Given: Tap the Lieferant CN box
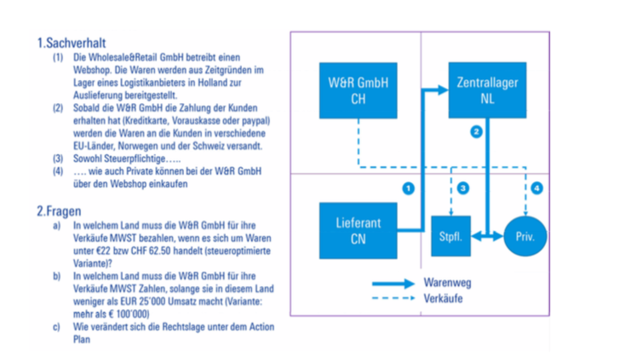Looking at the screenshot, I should click(x=358, y=231).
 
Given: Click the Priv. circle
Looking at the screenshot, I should click(x=525, y=232).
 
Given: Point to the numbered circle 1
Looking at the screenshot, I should click(x=409, y=186).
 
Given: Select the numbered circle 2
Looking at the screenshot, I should click(x=476, y=132).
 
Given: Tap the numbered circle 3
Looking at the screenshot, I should click(x=463, y=186).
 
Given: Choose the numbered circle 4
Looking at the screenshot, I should click(x=537, y=186).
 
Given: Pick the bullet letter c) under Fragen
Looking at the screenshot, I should click(x=57, y=327).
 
